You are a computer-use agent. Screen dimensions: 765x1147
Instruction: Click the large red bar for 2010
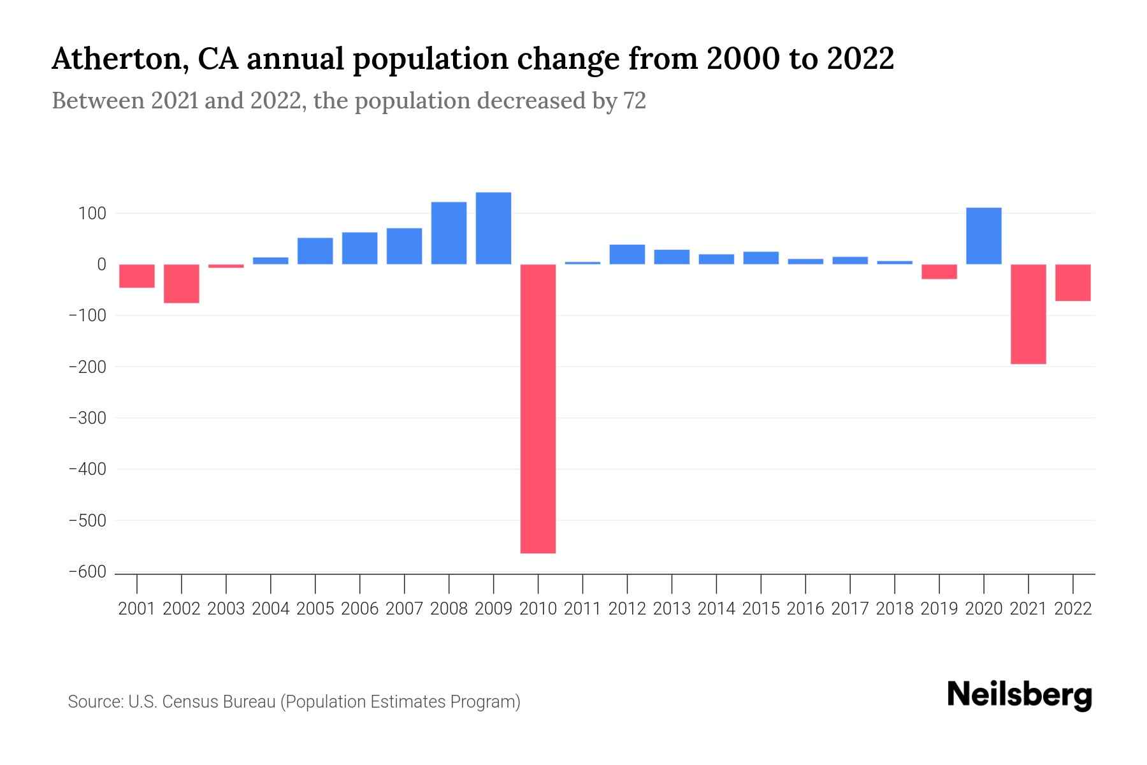point(538,408)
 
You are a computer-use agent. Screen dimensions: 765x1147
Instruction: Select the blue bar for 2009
point(493,228)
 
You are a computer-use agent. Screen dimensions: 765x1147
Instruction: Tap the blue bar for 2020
point(983,236)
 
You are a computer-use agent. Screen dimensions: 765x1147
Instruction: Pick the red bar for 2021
point(1028,314)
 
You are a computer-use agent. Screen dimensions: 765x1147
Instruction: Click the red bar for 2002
point(182,284)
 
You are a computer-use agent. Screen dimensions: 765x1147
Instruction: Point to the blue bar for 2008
point(449,233)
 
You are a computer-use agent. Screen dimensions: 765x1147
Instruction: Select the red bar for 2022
point(1072,282)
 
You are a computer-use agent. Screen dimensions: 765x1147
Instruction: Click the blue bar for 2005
point(315,251)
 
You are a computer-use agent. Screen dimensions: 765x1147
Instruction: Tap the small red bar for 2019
point(939,272)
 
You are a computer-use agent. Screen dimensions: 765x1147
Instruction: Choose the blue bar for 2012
point(627,254)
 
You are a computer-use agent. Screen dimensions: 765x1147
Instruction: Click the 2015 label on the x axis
point(761,609)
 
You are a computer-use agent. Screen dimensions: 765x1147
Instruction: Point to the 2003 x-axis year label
point(226,609)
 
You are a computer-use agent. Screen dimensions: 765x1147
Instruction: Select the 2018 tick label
point(895,609)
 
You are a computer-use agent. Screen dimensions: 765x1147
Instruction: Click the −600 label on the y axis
point(87,572)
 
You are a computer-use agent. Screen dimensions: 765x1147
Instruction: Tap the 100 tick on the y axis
point(92,213)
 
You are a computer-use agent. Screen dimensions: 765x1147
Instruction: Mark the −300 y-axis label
point(87,418)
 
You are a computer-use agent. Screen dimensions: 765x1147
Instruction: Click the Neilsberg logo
point(1019,695)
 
